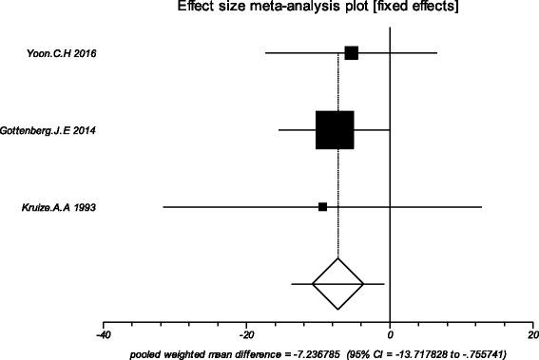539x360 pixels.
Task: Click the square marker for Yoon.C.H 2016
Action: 351,52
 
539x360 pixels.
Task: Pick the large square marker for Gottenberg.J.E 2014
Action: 335,130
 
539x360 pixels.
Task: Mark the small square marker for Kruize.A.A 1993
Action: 323,206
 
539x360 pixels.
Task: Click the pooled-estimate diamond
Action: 338,283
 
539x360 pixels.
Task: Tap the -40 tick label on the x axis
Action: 103,335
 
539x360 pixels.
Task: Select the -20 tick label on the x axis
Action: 245,335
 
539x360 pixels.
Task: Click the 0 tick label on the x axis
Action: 390,335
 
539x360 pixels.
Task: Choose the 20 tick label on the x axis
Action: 532,335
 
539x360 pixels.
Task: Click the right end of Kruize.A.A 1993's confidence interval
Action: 482,206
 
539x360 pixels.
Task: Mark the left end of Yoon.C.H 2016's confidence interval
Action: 266,52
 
